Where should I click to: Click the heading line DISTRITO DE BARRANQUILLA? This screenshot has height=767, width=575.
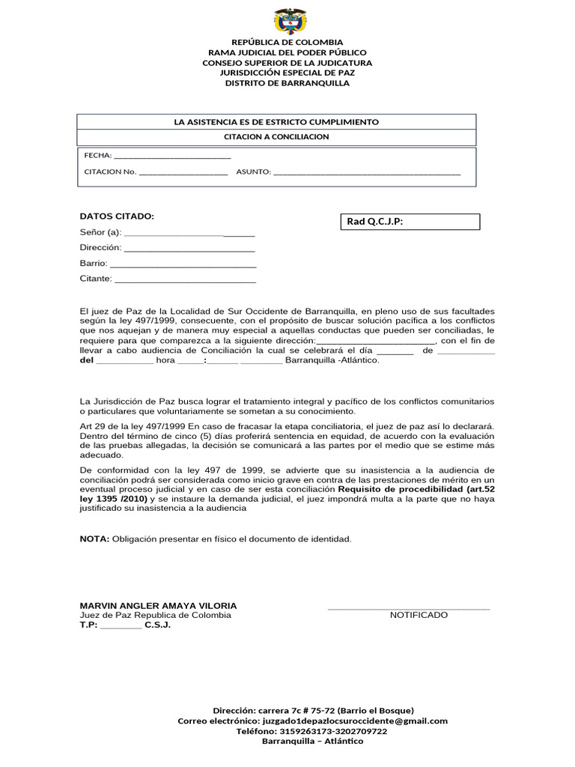(287, 83)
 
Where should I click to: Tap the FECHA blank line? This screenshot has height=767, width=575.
(172, 157)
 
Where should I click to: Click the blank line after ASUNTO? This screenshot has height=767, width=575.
(367, 173)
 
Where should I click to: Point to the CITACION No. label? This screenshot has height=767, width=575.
(110, 172)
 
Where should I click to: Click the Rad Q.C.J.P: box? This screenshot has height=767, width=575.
(410, 222)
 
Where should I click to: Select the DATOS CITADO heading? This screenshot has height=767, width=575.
(117, 216)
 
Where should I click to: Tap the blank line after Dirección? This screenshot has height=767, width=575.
(189, 248)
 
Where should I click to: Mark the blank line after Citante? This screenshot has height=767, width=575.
(185, 279)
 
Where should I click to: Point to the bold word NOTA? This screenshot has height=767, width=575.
(94, 539)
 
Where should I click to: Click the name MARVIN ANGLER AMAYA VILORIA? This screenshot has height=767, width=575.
(158, 605)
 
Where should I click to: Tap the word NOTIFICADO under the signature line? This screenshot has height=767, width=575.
(419, 615)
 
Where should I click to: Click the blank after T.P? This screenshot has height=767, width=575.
(121, 625)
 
